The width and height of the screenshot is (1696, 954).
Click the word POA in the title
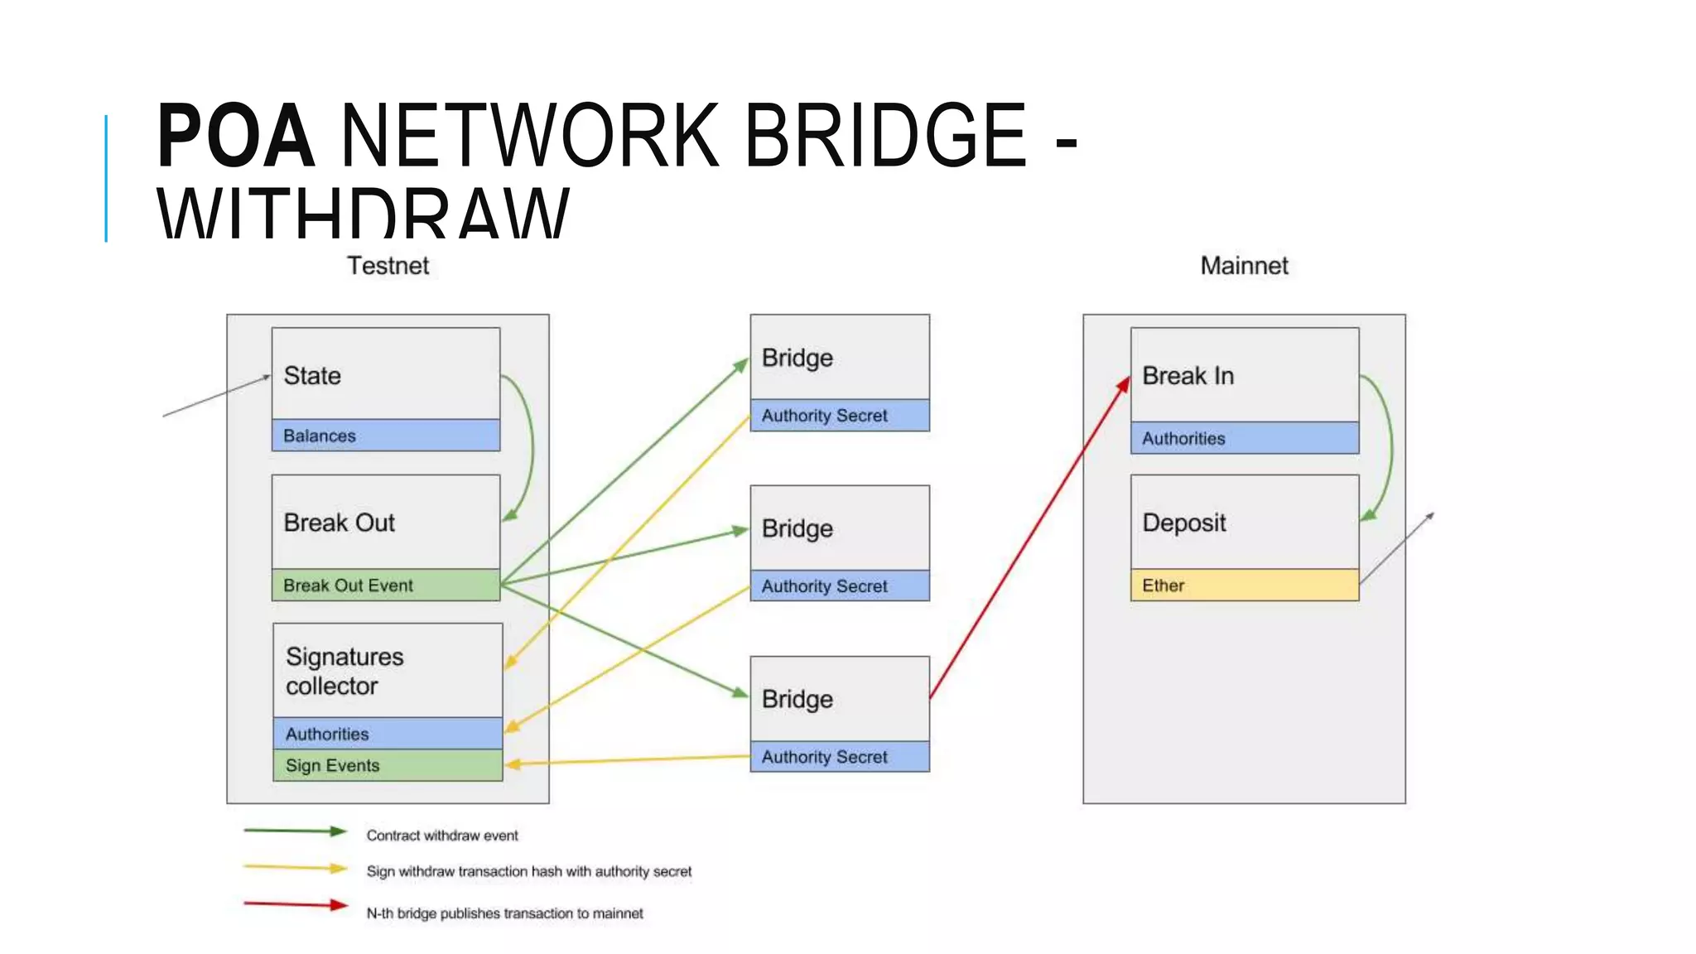coord(235,137)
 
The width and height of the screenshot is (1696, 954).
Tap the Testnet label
coord(388,266)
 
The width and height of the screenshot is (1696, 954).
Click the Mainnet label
coord(1244,266)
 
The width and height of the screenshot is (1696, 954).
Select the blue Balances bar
coord(386,436)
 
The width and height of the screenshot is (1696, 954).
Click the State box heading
coord(312,376)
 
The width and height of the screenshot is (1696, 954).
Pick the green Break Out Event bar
coord(386,585)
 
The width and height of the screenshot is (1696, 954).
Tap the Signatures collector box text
coord(344,672)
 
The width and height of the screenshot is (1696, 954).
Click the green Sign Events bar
coord(388,766)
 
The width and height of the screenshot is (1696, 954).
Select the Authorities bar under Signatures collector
coord(388,734)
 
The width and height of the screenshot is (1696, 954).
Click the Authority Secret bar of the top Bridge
coord(840,416)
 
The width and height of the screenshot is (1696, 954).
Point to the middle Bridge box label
coord(797,528)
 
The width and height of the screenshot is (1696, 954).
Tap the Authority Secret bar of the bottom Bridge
coord(840,757)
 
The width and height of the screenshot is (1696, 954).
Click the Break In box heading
coord(1188,376)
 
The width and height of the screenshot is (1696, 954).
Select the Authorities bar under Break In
coord(1244,439)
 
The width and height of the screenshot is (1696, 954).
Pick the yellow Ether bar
coord(1244,585)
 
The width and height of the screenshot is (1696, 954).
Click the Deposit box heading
coord(1184,523)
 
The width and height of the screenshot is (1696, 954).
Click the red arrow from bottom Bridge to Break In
coord(1029,538)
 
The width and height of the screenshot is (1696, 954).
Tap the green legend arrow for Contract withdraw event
coord(295,831)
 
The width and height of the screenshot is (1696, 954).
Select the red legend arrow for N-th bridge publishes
coord(295,904)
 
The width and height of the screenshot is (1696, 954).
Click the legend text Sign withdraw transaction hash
coord(528,871)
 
